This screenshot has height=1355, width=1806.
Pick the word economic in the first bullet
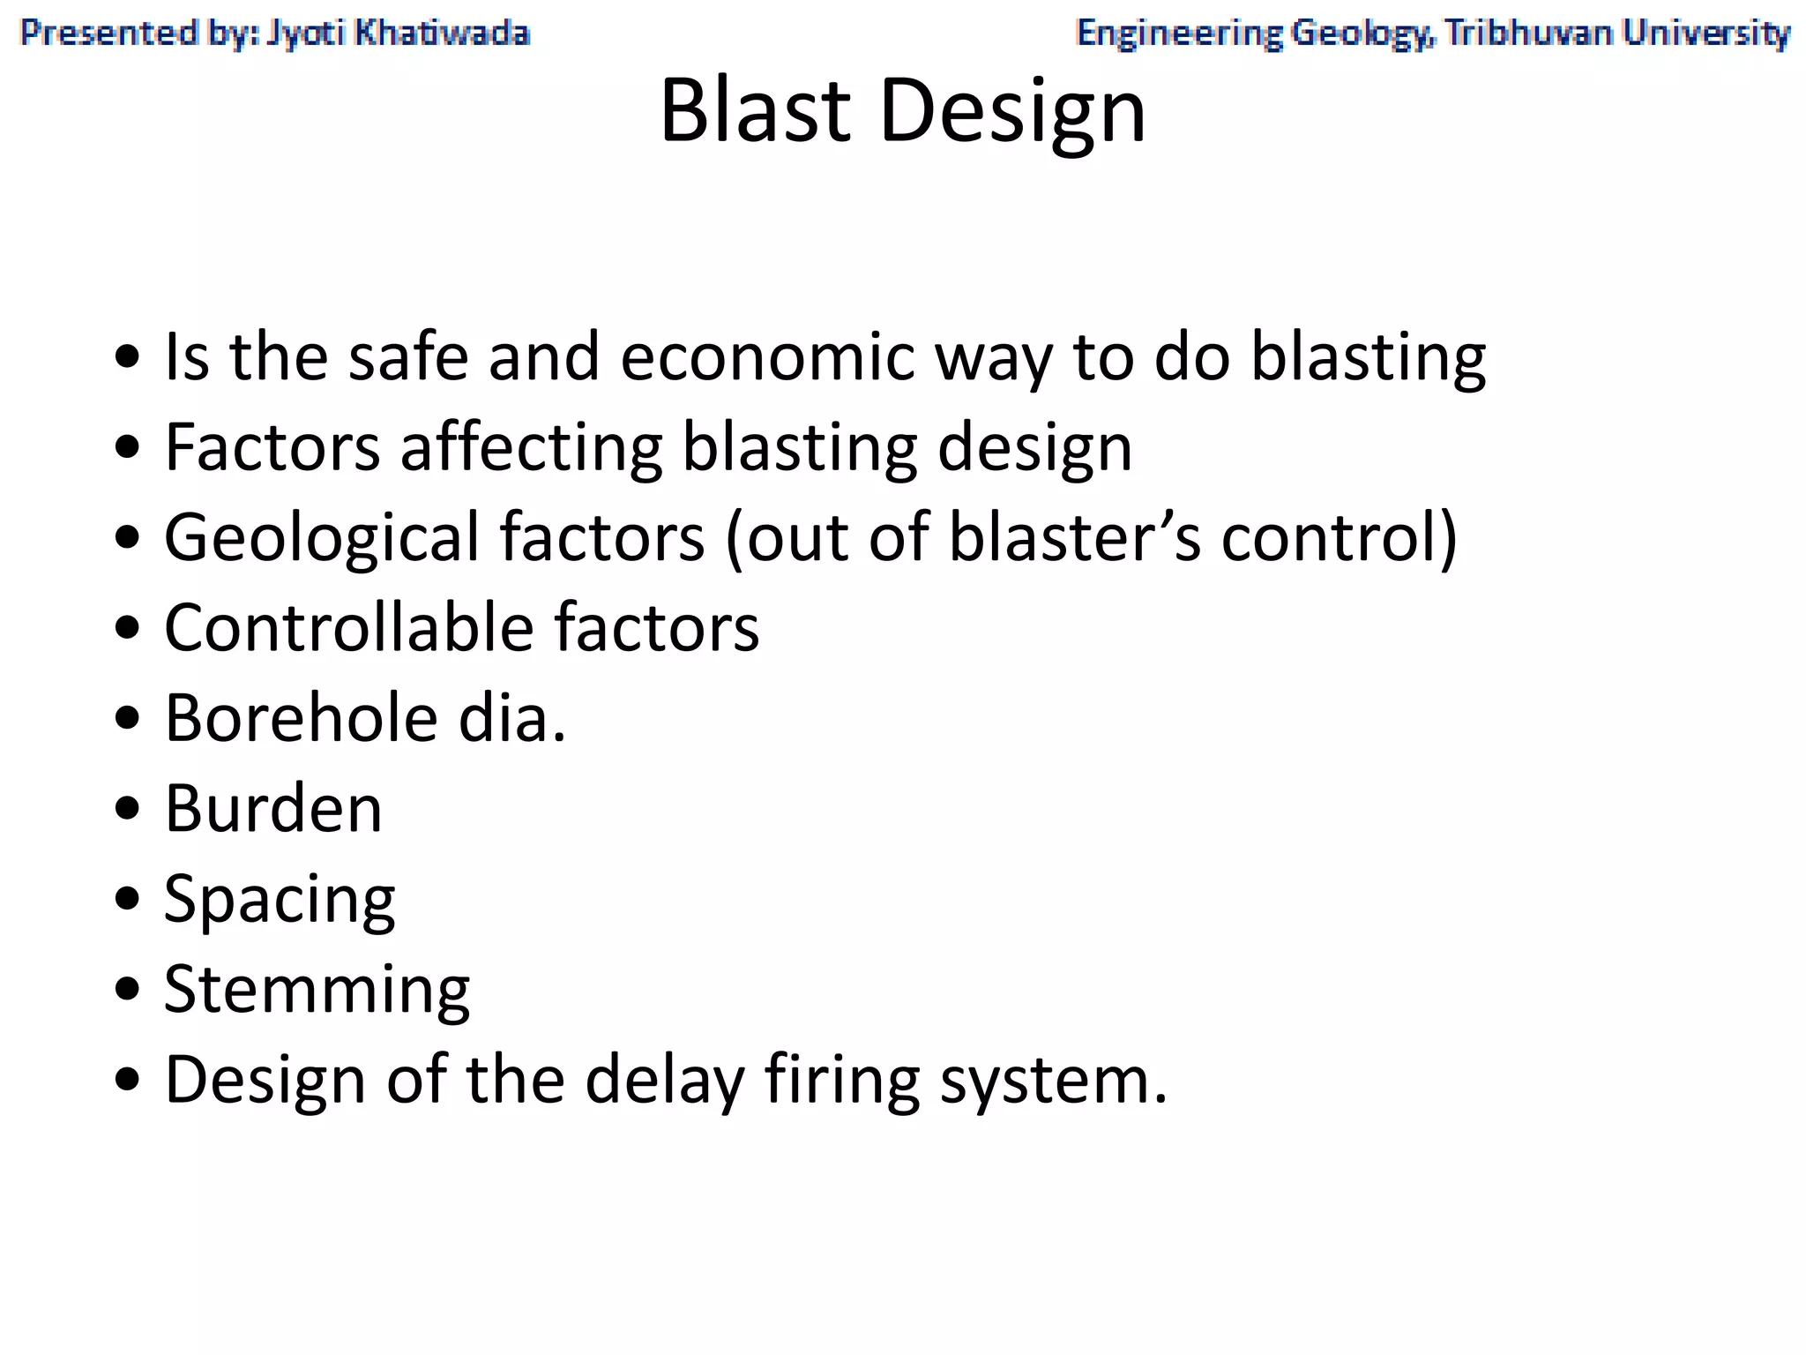click(x=767, y=356)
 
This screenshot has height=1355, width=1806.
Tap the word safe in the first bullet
click(x=407, y=356)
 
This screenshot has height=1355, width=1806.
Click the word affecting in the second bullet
click(x=531, y=447)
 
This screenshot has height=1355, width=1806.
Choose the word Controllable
click(x=349, y=628)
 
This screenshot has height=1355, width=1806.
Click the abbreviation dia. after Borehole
click(x=511, y=718)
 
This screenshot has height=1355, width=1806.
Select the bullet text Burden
click(x=273, y=808)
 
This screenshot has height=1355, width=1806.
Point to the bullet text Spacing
click(x=280, y=900)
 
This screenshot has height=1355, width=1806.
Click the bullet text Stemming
click(x=317, y=990)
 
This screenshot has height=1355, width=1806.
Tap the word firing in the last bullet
click(x=842, y=1080)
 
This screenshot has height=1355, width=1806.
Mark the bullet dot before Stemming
click(x=128, y=990)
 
